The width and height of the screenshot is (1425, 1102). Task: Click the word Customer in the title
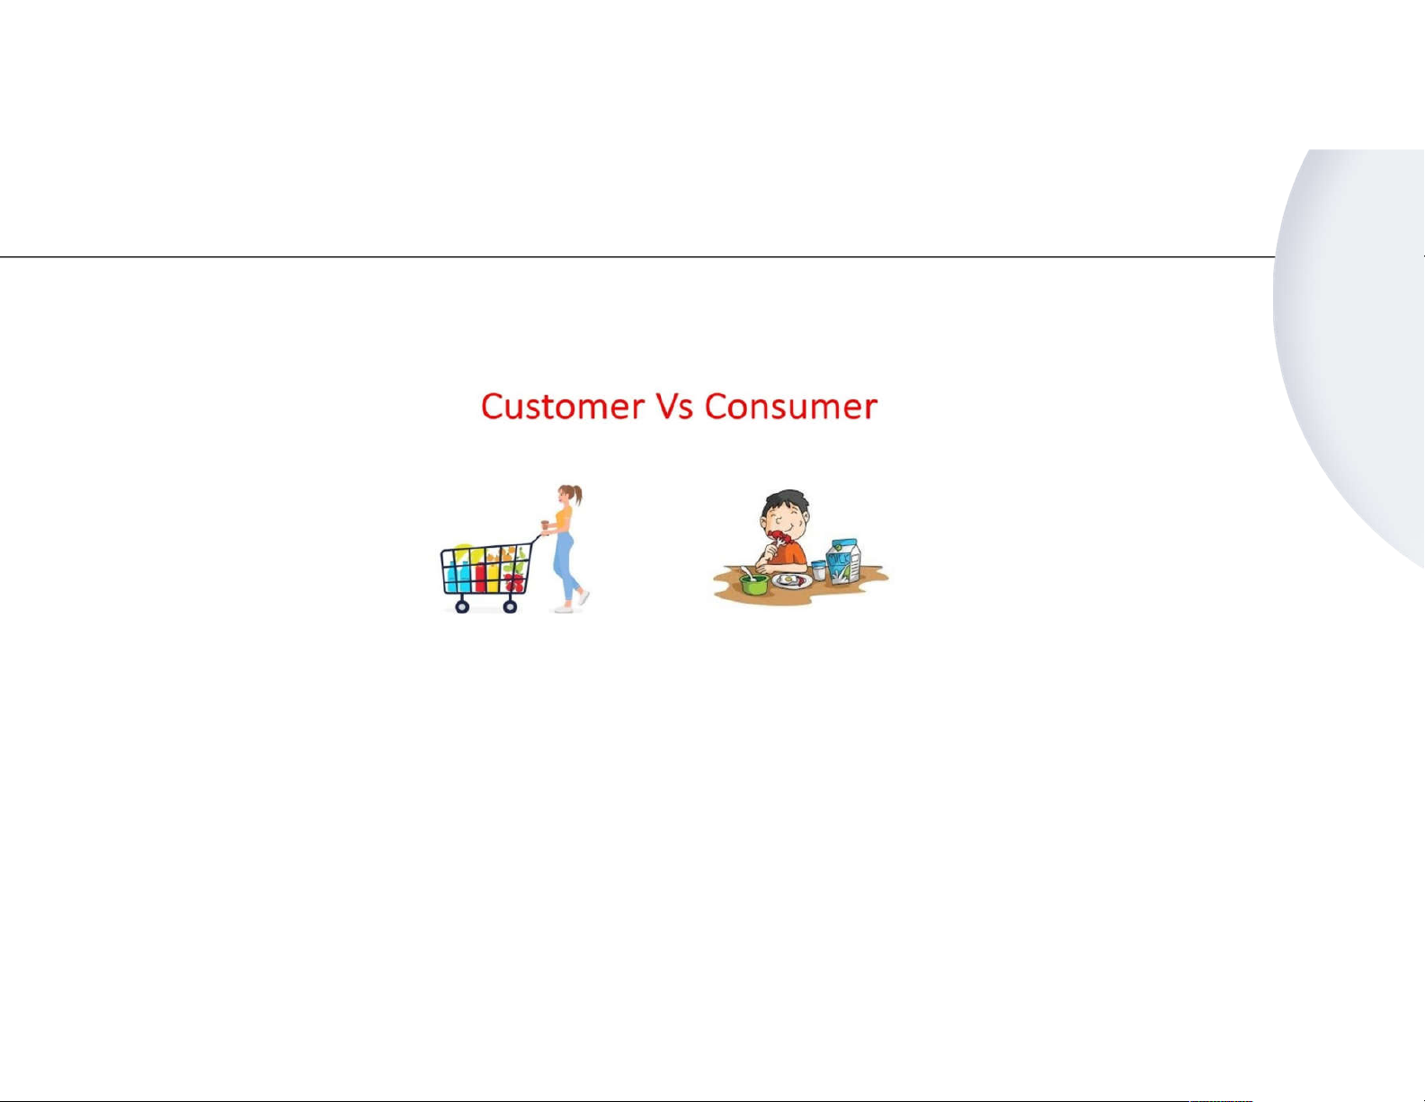[x=563, y=407]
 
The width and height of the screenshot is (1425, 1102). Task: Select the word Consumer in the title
[x=791, y=407]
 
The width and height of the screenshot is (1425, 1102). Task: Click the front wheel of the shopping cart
[x=462, y=607]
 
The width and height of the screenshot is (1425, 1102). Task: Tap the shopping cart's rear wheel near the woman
[x=510, y=607]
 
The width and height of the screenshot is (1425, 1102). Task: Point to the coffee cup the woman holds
[x=544, y=524]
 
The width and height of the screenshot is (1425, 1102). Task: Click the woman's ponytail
[x=576, y=494]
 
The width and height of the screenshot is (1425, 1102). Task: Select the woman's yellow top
[x=564, y=518]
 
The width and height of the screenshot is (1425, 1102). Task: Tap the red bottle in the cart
[x=481, y=577]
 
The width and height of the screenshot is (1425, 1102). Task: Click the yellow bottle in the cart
[x=493, y=577]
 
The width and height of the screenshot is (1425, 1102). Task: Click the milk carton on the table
[x=843, y=561]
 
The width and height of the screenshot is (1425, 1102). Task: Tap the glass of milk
[x=818, y=570]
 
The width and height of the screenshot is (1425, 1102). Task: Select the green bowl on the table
[x=754, y=584]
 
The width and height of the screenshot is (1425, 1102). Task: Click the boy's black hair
[x=787, y=502]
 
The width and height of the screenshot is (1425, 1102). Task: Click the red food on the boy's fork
[x=779, y=539]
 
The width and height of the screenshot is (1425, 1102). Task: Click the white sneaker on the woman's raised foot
[x=583, y=597]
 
